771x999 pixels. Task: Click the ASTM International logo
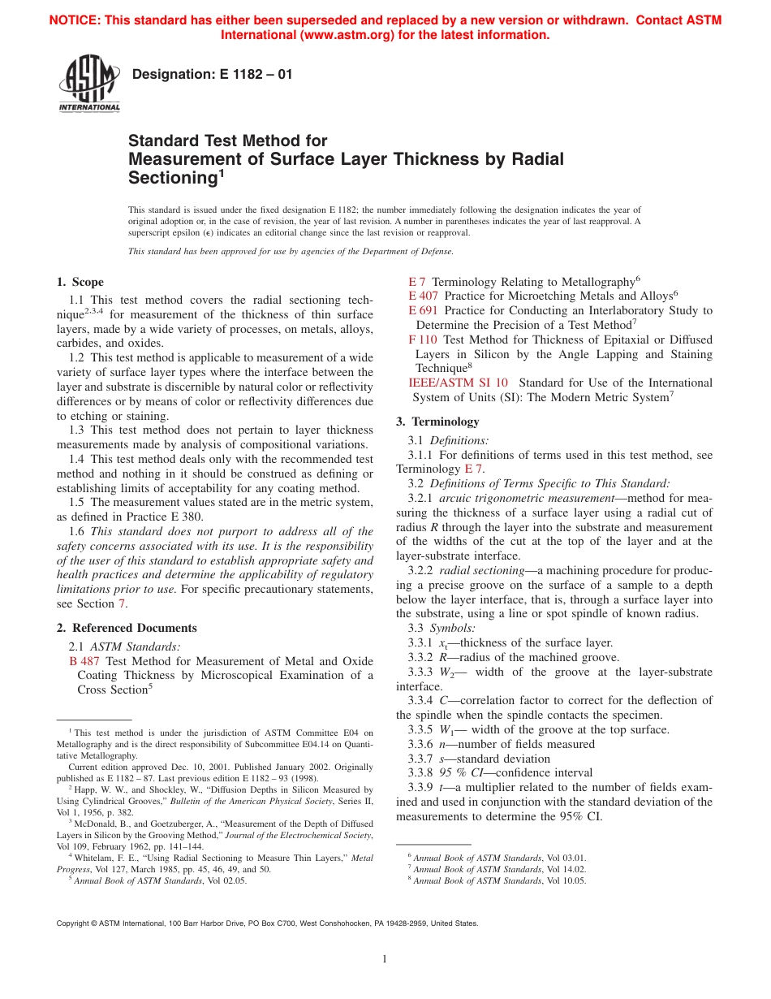[89, 84]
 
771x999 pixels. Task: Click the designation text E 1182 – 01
[212, 75]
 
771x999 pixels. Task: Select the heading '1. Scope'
[80, 282]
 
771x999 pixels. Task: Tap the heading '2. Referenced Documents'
[127, 628]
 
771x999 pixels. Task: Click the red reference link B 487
[84, 661]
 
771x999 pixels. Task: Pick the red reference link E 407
[423, 296]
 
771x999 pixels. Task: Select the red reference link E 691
[423, 310]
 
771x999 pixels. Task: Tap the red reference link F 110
[423, 339]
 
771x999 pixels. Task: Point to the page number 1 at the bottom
[385, 959]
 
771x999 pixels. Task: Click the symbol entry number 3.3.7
[420, 759]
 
